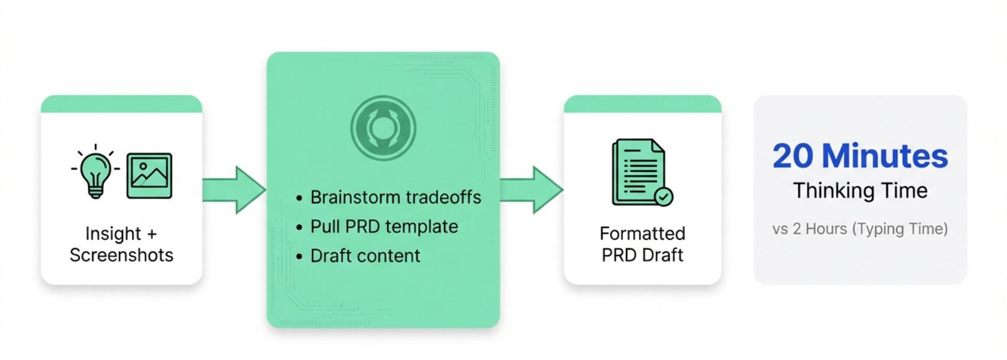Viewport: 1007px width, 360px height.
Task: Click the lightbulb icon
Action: (95, 172)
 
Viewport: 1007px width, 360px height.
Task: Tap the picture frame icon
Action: (149, 175)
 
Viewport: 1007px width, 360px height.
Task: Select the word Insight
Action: (113, 233)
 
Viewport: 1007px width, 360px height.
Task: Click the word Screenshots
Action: (121, 255)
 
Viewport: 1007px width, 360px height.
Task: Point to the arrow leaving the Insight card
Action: (234, 190)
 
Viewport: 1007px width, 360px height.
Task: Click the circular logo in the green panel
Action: (383, 128)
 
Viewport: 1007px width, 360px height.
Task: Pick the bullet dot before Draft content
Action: (299, 257)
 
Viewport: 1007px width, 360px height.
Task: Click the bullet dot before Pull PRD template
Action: (299, 227)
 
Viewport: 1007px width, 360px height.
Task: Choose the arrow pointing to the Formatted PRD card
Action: (531, 190)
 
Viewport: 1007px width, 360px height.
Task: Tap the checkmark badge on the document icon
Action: (664, 196)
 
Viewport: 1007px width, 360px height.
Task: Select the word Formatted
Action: (642, 233)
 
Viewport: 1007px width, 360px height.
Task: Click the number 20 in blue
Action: (793, 156)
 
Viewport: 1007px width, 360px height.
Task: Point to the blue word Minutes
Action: (885, 156)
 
